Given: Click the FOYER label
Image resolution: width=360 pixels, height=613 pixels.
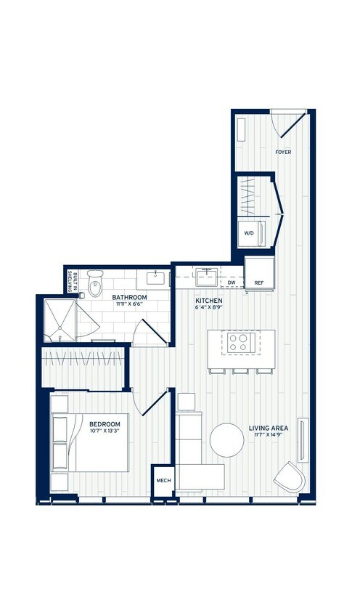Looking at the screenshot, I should point(283,153).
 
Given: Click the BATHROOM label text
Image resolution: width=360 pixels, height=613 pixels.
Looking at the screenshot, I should point(129,298).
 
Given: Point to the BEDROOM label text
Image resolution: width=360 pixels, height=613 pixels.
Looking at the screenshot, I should point(105,423).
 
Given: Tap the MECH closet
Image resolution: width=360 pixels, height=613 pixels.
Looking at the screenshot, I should point(163,480).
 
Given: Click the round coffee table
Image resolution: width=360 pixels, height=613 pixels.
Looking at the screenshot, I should point(227,439).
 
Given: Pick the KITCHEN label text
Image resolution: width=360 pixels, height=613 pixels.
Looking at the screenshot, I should point(209,301).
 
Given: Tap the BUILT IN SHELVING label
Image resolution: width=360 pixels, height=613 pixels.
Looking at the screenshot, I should point(74,281).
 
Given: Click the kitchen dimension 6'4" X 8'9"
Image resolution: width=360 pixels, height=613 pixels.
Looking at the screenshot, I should point(209,308).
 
